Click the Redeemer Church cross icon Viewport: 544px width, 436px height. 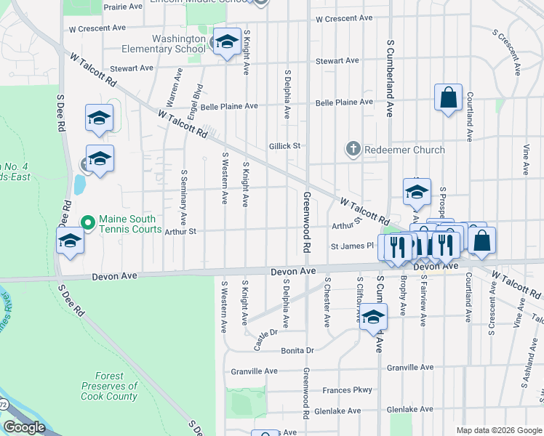[353, 150]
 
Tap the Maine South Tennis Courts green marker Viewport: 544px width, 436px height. [88, 222]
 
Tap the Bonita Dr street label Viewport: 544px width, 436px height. [295, 350]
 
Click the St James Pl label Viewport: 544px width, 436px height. [351, 246]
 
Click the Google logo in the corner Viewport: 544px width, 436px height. [24, 427]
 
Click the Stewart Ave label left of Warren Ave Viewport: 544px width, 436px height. [132, 68]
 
